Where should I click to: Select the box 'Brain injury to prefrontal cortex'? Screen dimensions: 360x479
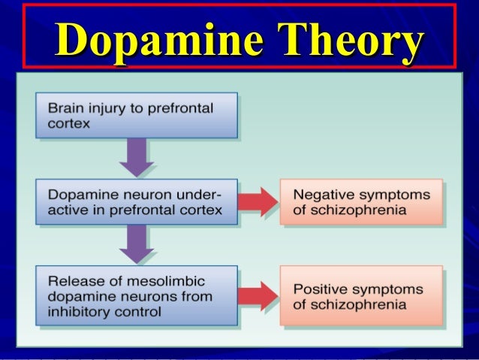pyautogui.click(x=137, y=116)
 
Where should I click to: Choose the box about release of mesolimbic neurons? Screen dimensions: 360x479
pyautogui.click(x=137, y=297)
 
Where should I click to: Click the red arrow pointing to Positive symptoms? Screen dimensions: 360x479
pyautogui.click(x=258, y=297)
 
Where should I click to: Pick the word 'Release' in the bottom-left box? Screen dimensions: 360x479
pyautogui.click(x=68, y=283)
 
